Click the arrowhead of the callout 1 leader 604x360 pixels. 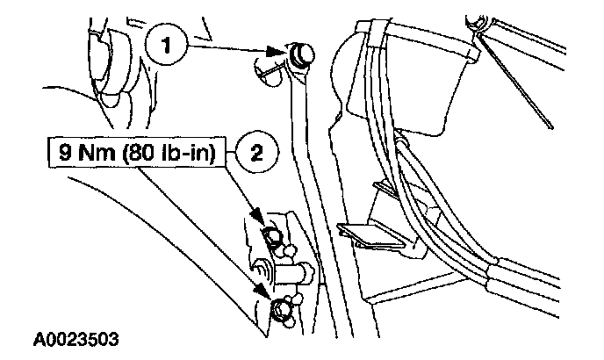(x=285, y=57)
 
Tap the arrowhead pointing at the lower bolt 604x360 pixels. (x=264, y=292)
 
